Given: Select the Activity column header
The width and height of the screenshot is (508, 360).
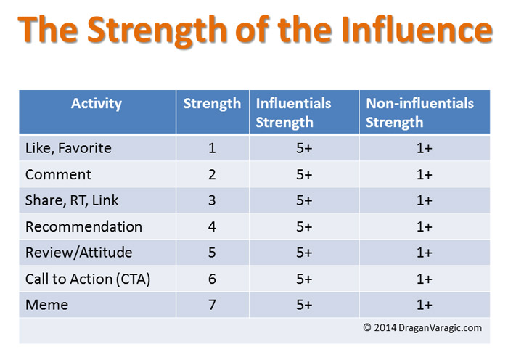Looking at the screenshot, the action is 97,104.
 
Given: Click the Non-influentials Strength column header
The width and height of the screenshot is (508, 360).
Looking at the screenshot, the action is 420,112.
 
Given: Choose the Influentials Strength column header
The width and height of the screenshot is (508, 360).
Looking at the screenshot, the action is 293,112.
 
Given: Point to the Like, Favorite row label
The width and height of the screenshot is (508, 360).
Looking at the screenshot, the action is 68,148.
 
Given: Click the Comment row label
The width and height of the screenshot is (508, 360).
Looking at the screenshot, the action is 58,175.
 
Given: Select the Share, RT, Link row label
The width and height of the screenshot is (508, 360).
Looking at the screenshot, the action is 72,200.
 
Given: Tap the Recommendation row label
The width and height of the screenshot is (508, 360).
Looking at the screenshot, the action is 83,226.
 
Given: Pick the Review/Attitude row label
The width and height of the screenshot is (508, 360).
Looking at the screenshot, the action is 78,253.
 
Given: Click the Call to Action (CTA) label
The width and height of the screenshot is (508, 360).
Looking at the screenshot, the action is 88,279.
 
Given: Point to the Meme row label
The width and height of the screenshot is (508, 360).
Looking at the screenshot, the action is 47,305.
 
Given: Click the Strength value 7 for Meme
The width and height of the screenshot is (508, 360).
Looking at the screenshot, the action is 212,305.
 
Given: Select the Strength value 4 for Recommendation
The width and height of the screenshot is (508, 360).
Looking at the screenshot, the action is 212,226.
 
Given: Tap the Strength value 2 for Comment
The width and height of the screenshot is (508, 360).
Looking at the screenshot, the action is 212,175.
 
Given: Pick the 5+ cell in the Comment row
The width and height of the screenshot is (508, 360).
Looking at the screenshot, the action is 304,175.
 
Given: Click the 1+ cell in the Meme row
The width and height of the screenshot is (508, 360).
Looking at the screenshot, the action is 425,305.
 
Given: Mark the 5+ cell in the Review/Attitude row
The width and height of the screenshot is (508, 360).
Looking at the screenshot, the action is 304,253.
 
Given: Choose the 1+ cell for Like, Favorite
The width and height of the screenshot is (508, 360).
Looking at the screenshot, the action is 425,148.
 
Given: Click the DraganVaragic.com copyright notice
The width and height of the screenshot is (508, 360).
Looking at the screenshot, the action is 422,327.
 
